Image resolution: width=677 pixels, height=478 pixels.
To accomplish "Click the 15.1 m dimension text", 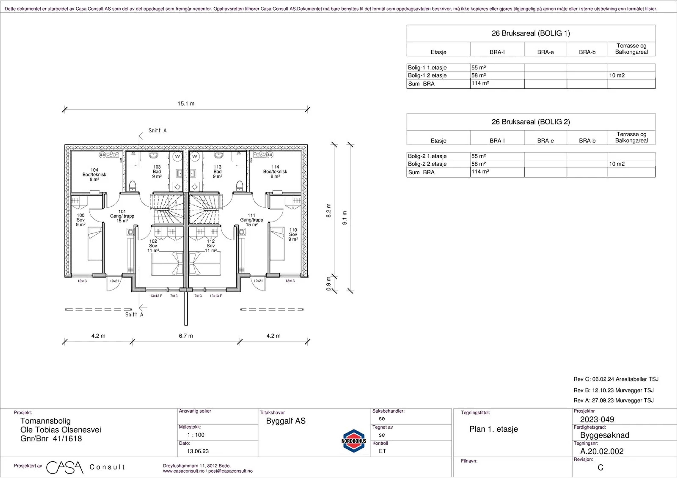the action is [x=186, y=104].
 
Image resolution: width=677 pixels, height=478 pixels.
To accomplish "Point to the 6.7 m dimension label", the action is [x=186, y=336].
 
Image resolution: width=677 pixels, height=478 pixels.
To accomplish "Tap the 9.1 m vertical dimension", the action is [x=345, y=218].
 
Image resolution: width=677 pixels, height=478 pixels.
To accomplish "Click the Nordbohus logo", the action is [x=354, y=441].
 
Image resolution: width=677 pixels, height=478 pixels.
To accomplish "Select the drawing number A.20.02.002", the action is [x=602, y=451].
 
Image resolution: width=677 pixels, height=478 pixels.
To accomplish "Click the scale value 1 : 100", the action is [x=196, y=435].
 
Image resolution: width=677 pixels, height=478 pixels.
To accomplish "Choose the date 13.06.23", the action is [x=198, y=451].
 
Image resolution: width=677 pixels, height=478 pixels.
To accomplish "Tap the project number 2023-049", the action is [x=597, y=419].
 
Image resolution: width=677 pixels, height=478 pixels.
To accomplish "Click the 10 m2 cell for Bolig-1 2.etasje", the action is [x=617, y=75].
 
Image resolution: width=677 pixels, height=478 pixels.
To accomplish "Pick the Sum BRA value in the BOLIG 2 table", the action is [x=480, y=172].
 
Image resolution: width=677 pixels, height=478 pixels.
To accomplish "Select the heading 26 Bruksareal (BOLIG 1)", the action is [x=531, y=33].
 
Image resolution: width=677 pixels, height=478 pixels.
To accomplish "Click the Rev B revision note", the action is [x=614, y=390].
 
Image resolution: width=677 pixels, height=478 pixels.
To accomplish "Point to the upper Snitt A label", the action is [x=157, y=131].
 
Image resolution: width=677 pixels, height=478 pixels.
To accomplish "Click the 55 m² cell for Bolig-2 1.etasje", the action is [x=478, y=156].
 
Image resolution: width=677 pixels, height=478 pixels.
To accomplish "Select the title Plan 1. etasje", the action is [x=494, y=429].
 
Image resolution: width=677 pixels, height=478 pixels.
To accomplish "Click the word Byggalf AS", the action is [x=286, y=421].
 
